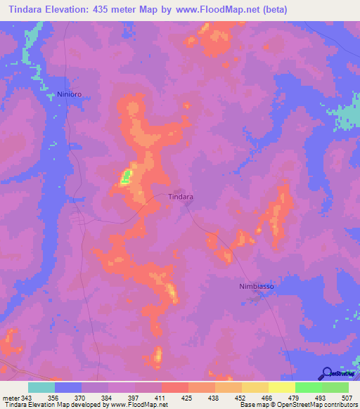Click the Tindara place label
click(x=181, y=197)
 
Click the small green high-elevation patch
click(x=127, y=176)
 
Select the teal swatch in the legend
click(x=41, y=387)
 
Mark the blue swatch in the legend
click(x=68, y=387)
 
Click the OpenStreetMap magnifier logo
click(x=328, y=373)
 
